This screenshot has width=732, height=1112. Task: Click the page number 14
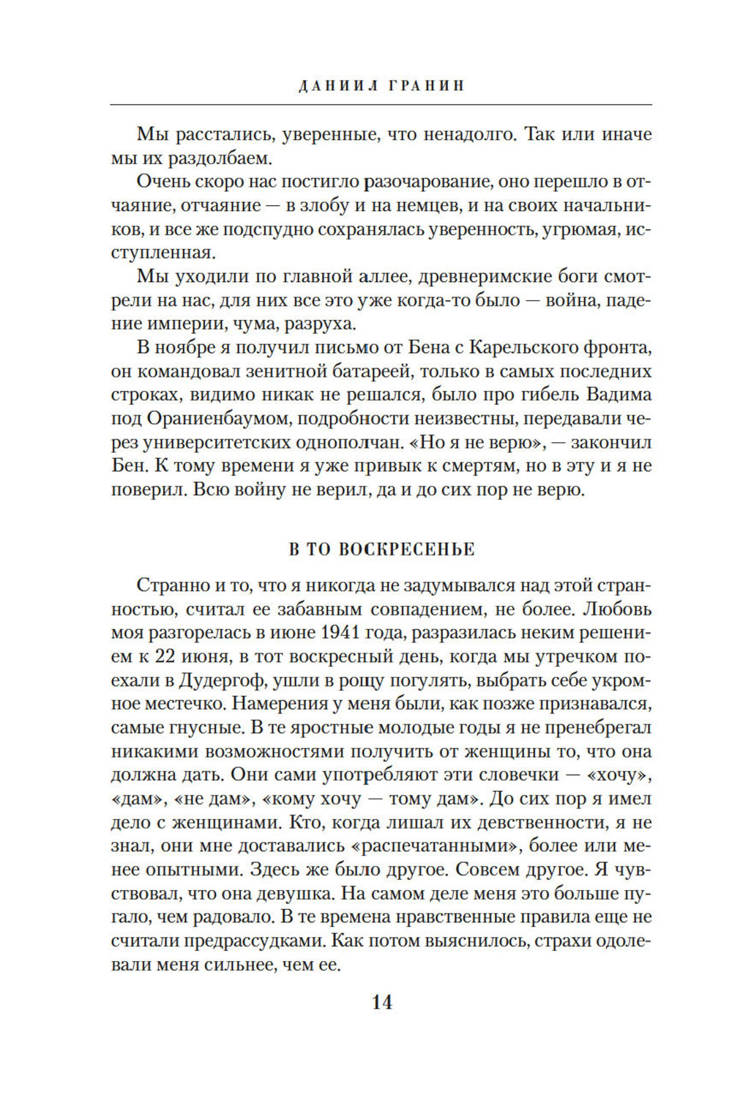coord(381,1002)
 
